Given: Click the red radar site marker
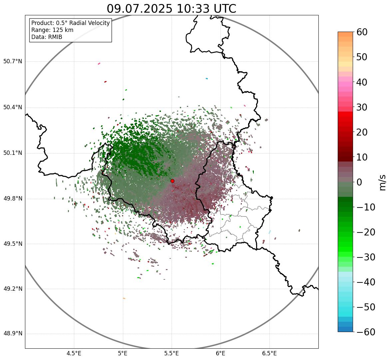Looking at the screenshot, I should (172, 181).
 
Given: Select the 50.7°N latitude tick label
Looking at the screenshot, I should (13, 61).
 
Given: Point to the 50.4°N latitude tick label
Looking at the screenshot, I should (13, 107).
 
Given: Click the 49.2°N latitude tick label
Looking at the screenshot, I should (13, 288).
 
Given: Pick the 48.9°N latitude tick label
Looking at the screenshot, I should (13, 333).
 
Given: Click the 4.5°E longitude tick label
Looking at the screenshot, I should (74, 354).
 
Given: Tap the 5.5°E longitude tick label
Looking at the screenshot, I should (172, 354).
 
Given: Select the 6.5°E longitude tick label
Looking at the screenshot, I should (269, 354).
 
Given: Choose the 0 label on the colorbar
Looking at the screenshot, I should (360, 182).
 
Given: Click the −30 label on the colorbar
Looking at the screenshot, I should (366, 257).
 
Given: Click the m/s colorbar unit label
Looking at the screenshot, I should (382, 182).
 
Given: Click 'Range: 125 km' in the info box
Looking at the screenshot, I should (52, 30).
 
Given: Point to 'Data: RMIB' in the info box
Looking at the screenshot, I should (47, 37).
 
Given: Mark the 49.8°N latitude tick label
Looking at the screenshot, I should (13, 198).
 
